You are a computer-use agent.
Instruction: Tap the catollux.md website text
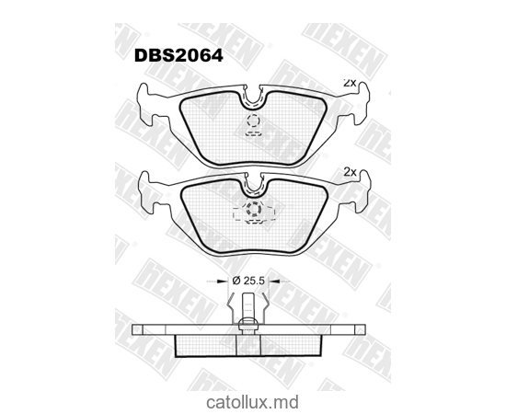[x=252, y=401]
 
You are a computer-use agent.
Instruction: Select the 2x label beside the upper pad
[x=349, y=83]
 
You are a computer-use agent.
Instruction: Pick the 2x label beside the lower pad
[x=349, y=171]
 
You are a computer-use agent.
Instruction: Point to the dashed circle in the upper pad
[x=253, y=122]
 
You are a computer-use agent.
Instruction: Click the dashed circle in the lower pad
[x=253, y=211]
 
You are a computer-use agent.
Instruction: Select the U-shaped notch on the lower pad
[x=253, y=184]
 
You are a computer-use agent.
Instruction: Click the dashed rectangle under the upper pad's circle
[x=253, y=133]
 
